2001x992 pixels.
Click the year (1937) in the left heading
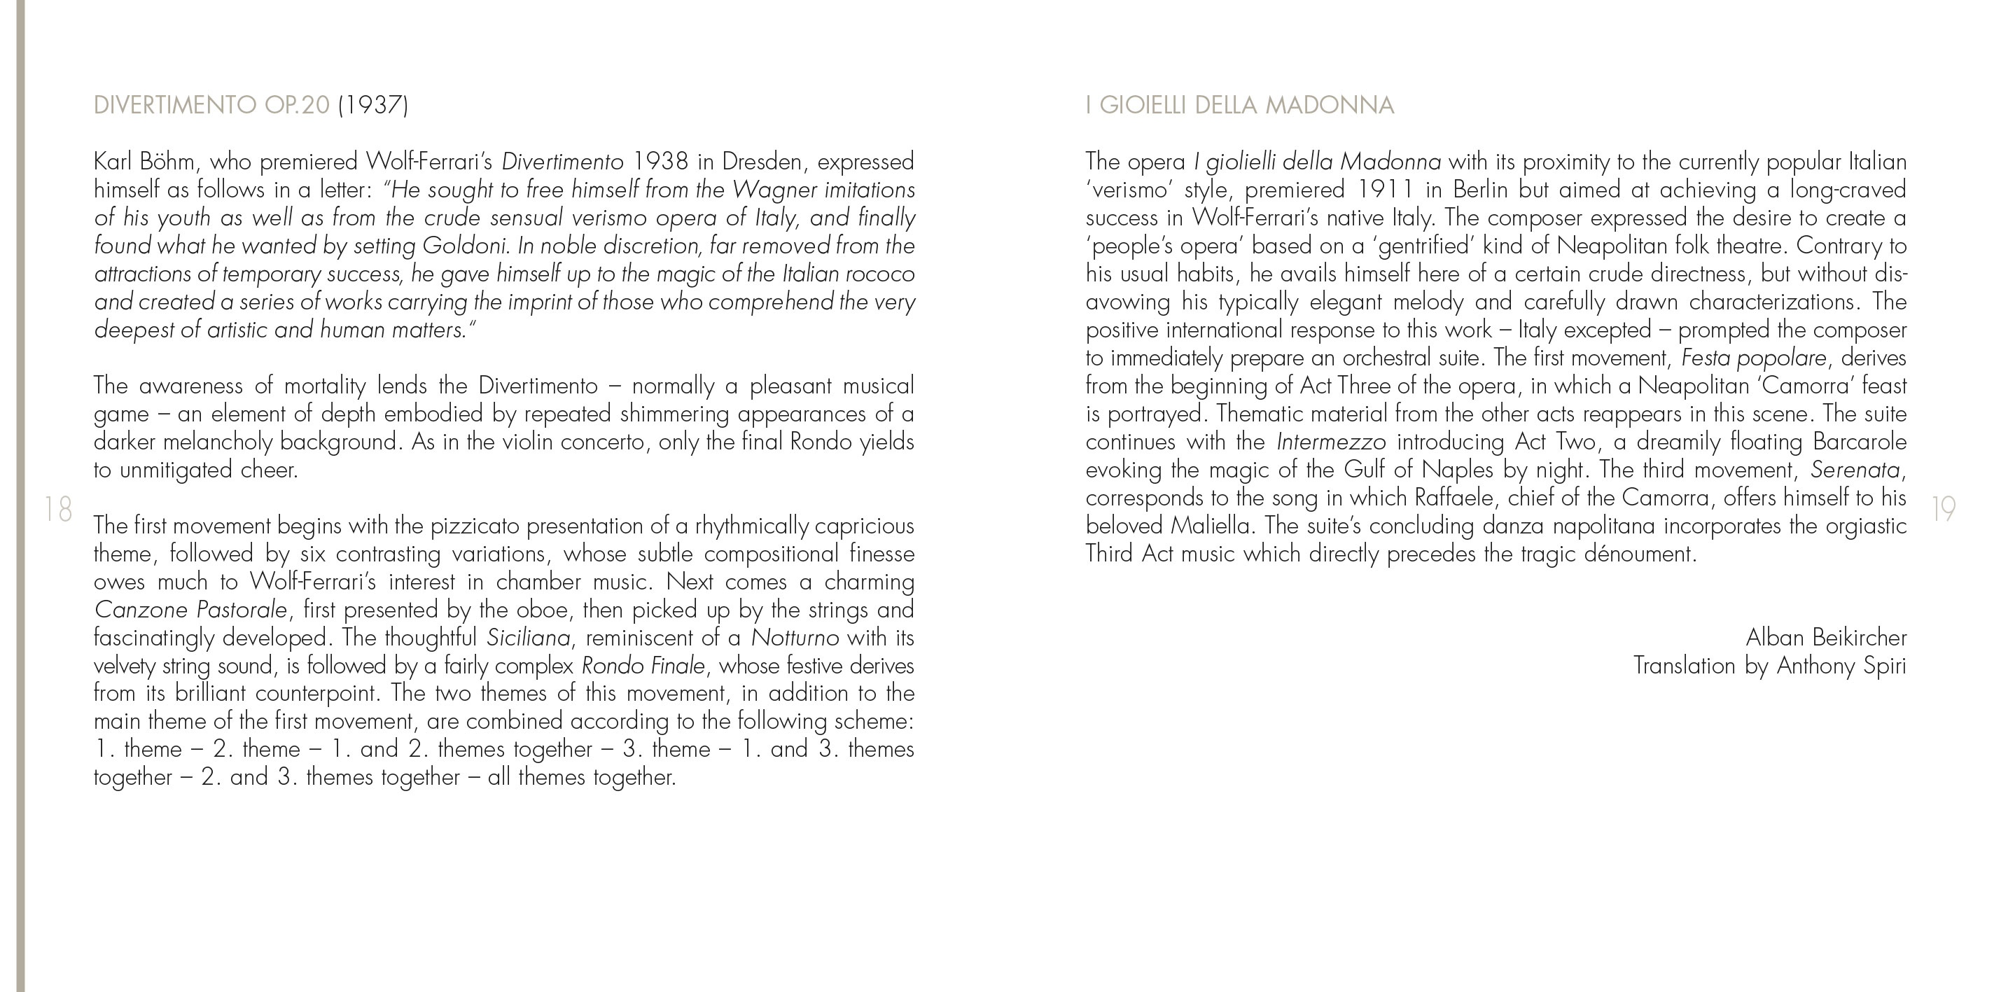coord(373,105)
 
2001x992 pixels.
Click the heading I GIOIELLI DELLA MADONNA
coord(1239,105)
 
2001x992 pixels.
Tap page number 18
coord(58,510)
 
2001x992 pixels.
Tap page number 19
coord(1944,510)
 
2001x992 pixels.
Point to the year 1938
coord(660,162)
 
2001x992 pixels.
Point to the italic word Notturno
coord(795,638)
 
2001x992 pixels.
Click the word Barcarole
coord(1859,442)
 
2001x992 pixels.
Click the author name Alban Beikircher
coord(1825,638)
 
